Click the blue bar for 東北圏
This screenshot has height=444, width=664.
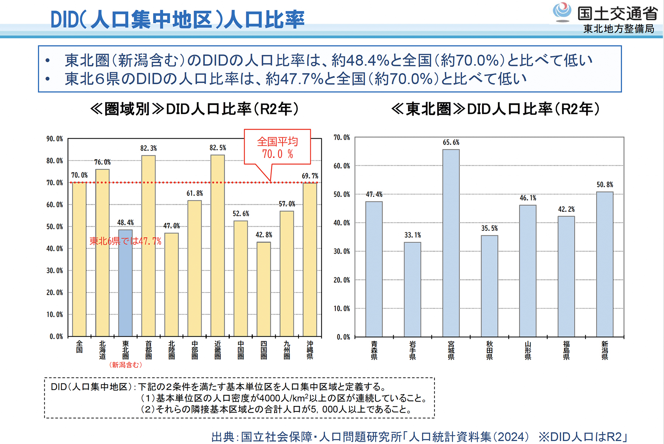tap(125, 288)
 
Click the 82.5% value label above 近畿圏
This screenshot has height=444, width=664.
tap(218, 148)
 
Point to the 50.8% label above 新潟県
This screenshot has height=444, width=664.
tap(605, 185)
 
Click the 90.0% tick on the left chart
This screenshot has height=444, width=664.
tap(55, 139)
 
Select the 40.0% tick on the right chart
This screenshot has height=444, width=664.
tap(342, 223)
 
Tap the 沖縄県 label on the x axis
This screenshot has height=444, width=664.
tap(310, 350)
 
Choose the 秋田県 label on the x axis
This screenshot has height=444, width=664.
tap(490, 350)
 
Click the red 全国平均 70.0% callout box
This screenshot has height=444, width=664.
tap(277, 147)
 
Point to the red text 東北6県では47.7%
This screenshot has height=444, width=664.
tap(125, 242)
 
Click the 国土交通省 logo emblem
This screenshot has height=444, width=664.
tap(562, 12)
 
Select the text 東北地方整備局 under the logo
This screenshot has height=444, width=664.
tap(619, 29)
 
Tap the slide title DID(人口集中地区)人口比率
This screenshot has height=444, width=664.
tap(177, 20)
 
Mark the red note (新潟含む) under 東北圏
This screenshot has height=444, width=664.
tap(125, 365)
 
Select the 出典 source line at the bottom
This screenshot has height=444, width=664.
tap(419, 437)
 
